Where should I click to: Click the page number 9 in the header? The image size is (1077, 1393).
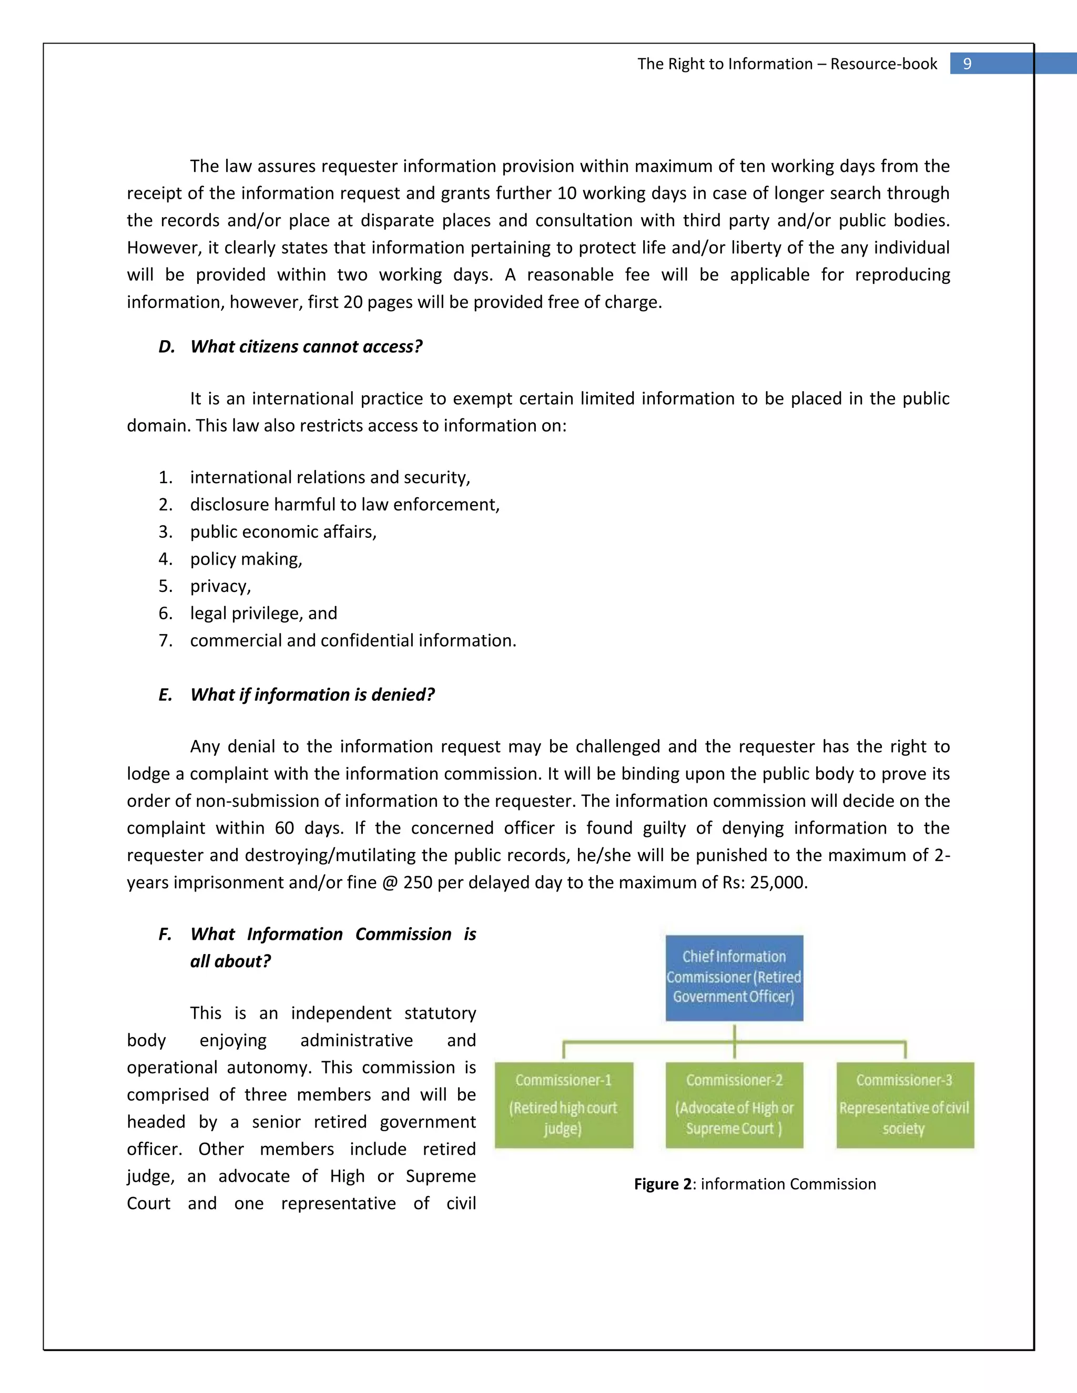pos(967,64)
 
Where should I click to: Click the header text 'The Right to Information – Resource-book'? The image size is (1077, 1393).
pos(787,64)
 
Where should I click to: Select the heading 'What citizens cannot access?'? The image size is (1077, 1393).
pos(306,346)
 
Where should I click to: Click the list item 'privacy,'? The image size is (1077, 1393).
pos(220,586)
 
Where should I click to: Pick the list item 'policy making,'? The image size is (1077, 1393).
pos(246,559)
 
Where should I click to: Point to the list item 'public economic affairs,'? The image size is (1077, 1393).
pos(283,531)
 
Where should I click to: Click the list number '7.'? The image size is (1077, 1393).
pos(166,640)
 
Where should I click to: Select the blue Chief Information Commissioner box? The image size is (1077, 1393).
pos(734,977)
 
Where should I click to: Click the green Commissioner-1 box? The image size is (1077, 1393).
pos(563,1105)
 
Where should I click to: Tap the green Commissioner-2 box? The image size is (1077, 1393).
pos(734,1105)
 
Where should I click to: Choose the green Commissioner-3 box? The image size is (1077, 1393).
pos(905,1105)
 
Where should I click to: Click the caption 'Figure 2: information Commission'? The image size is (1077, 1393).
pos(755,1184)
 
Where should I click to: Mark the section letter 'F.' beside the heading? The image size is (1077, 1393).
pos(165,935)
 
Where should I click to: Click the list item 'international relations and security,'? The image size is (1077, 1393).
pos(330,477)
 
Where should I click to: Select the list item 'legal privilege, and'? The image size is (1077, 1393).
pos(263,613)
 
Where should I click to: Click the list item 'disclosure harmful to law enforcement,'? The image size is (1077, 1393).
pos(344,505)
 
